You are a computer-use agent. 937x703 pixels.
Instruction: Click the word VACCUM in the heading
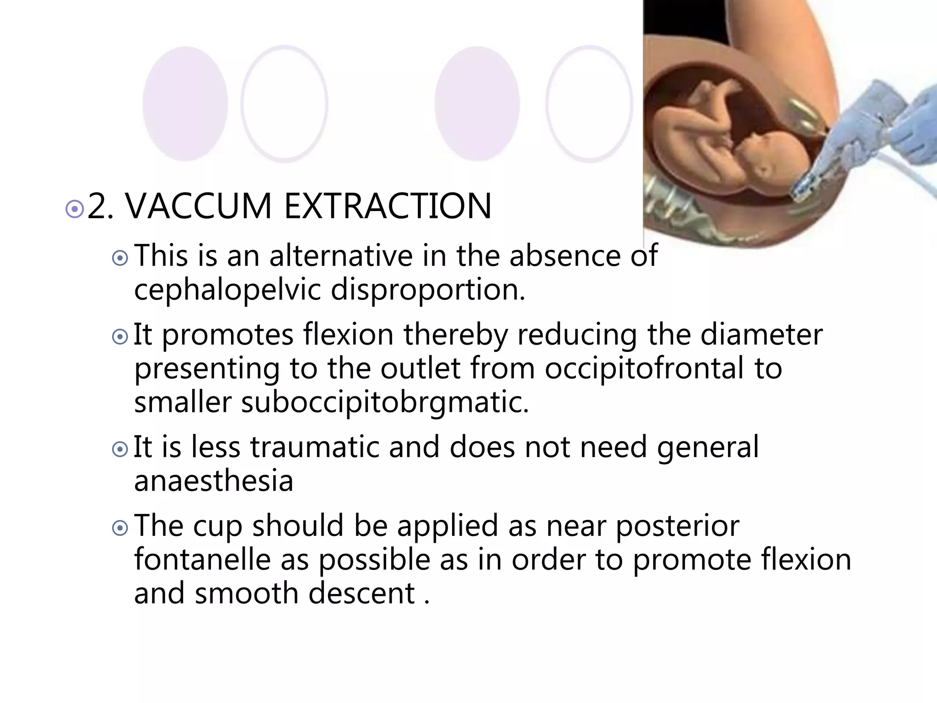[199, 207]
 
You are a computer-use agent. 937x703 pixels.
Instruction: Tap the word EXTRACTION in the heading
[388, 207]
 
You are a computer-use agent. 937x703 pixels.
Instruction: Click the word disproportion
[428, 290]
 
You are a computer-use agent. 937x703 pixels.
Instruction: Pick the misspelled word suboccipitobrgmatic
[384, 402]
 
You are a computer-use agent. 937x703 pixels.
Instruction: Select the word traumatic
[315, 447]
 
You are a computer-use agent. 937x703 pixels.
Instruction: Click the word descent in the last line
[361, 594]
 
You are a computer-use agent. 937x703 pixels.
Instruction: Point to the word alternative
[341, 256]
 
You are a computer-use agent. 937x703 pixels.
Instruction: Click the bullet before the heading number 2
[75, 209]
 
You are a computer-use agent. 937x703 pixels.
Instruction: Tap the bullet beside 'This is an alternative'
[120, 259]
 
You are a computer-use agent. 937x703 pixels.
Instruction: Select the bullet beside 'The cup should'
[120, 529]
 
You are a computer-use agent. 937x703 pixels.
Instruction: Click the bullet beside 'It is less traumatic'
[120, 450]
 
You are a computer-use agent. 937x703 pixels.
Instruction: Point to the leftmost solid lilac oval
[185, 104]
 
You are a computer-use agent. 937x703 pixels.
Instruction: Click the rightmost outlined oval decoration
[589, 104]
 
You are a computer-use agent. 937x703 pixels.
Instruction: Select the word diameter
[761, 335]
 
